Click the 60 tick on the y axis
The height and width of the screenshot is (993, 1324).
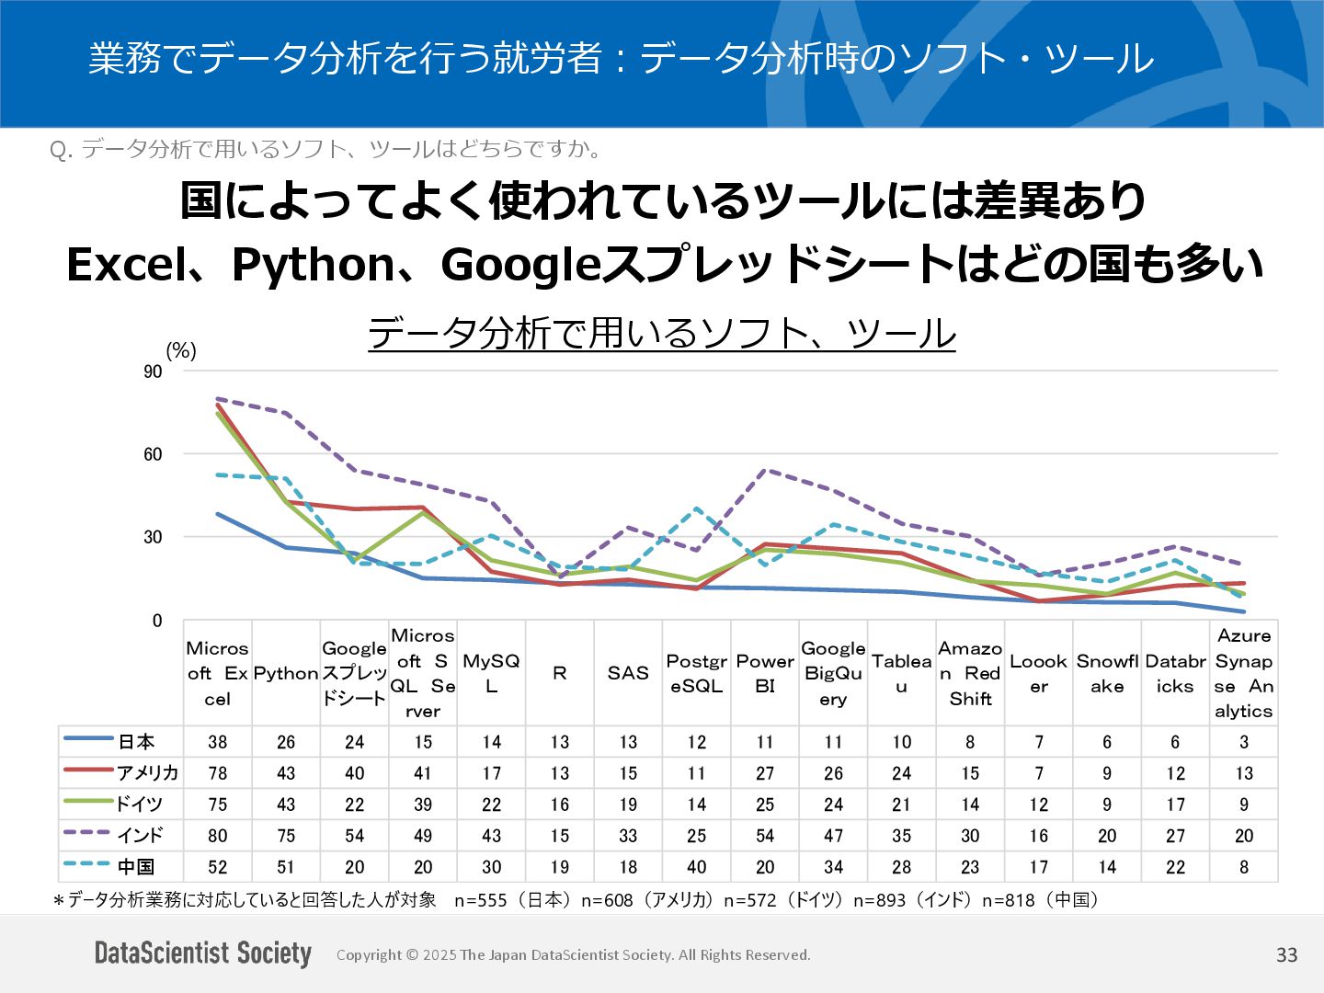point(153,454)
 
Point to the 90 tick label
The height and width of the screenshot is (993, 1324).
point(153,371)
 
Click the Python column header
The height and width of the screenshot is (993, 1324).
point(286,673)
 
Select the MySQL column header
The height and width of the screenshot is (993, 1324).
point(491,673)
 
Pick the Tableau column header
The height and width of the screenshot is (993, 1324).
point(902,673)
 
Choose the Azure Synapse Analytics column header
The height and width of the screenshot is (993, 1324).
point(1244,673)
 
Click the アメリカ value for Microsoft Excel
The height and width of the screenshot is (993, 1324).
point(218,773)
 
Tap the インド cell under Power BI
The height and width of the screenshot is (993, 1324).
point(765,836)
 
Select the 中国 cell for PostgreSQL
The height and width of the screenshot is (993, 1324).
point(697,867)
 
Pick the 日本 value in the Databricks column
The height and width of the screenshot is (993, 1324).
point(1175,742)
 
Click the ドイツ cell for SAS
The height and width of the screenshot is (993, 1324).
point(628,805)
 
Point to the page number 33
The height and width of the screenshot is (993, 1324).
point(1286,955)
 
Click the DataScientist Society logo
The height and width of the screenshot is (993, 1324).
point(203,953)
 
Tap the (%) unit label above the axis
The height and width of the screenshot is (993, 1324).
point(181,350)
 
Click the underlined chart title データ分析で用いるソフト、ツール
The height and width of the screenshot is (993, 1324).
point(661,333)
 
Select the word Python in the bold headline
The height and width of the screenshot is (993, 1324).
point(314,265)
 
